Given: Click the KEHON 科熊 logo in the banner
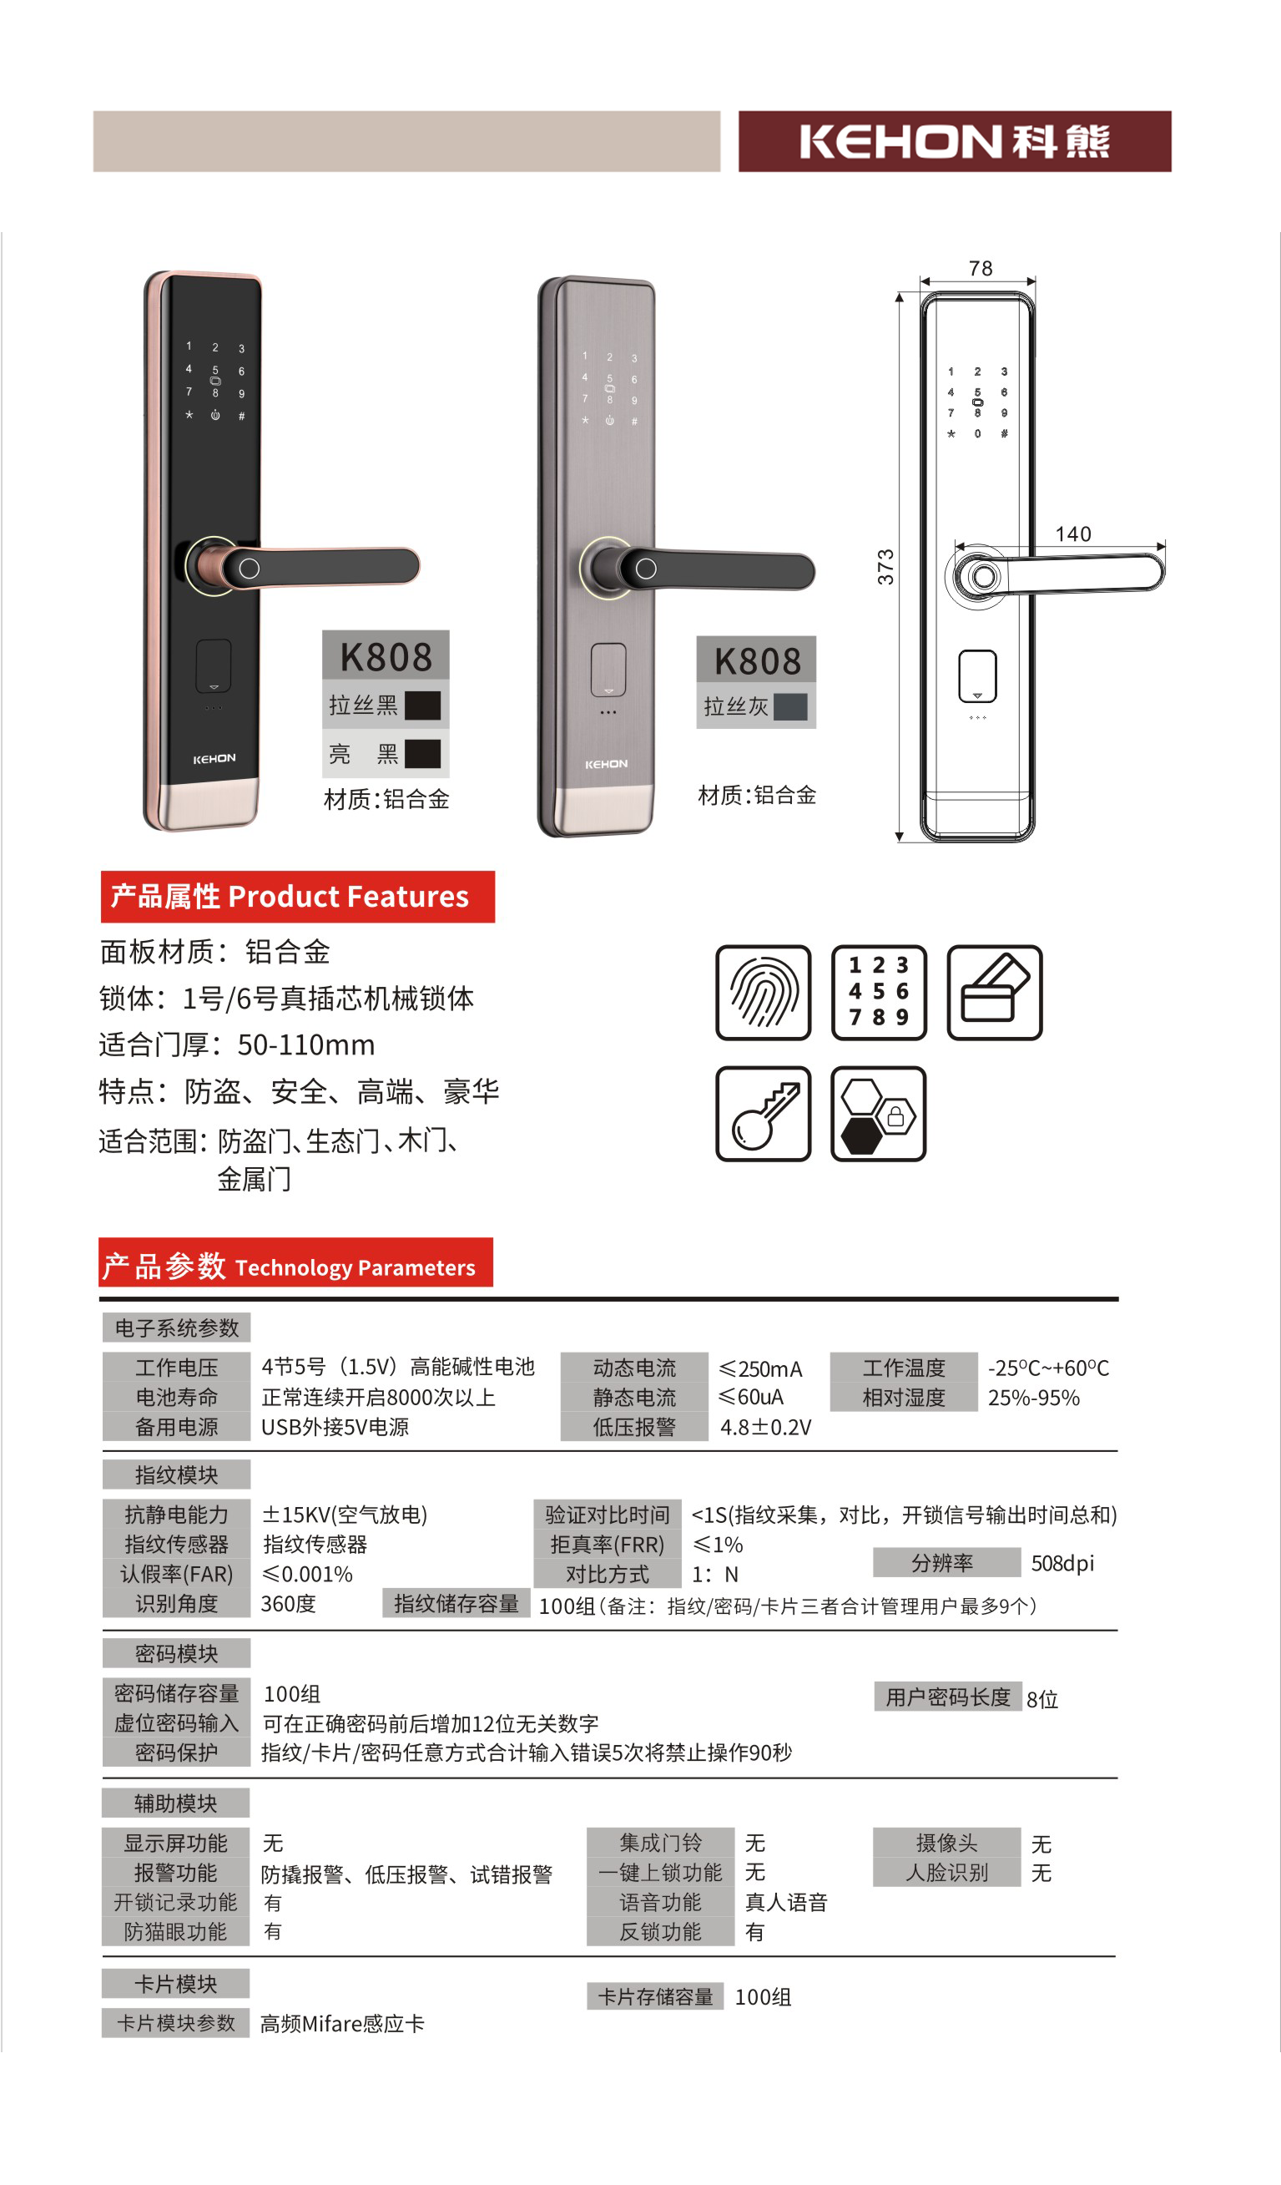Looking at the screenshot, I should click(x=954, y=141).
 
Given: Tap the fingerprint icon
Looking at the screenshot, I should click(x=763, y=992).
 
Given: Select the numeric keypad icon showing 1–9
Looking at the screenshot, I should click(x=878, y=992).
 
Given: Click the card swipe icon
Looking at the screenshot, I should click(x=994, y=992).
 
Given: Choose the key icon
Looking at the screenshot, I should click(x=763, y=1113).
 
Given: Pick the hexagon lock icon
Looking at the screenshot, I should click(x=878, y=1113).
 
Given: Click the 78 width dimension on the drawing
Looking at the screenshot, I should click(x=981, y=269).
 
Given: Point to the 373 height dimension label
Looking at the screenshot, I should click(x=885, y=567).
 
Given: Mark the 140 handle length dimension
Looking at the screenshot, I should click(x=1073, y=534).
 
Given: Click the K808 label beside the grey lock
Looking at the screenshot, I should click(x=757, y=661).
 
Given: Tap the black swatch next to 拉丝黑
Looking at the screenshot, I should click(x=423, y=706).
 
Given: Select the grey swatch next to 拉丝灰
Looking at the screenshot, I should click(x=790, y=706).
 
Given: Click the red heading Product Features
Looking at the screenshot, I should click(x=297, y=897).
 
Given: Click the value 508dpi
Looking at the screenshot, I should click(x=1062, y=1563).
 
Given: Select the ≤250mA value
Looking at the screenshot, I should click(x=761, y=1369).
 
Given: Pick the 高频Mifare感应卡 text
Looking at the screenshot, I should click(x=342, y=2024).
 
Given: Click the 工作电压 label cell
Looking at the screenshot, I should click(x=176, y=1368).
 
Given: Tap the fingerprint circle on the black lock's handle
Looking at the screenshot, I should click(x=250, y=569).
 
